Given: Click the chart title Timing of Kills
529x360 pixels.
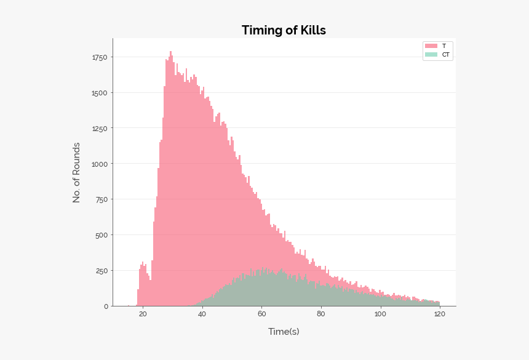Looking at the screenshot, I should click(x=284, y=30).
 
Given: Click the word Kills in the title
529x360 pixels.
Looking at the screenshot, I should click(x=311, y=30).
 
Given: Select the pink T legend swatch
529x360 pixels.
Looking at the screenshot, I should click(x=431, y=46).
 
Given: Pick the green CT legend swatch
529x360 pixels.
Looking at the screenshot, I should click(x=431, y=55).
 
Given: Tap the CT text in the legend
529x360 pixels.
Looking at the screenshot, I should click(x=445, y=55).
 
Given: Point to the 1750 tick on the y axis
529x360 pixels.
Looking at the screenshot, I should click(x=100, y=57).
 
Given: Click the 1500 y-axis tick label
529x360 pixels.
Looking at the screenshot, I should click(x=100, y=93).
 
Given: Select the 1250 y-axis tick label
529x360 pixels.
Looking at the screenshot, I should click(x=100, y=129).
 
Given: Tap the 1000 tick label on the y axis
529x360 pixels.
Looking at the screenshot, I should click(x=100, y=164).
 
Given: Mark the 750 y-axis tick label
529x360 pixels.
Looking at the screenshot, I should click(x=101, y=199).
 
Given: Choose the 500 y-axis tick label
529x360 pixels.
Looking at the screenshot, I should click(x=101, y=235).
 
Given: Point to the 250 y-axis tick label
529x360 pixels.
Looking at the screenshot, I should click(x=101, y=271).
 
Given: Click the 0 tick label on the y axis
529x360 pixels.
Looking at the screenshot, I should click(x=106, y=306).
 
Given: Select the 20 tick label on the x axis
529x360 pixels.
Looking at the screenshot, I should click(x=143, y=314).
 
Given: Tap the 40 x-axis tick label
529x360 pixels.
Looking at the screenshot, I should click(x=202, y=314).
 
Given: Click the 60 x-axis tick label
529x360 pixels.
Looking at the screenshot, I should click(x=261, y=314).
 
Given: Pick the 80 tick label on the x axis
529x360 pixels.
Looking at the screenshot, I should click(x=321, y=314).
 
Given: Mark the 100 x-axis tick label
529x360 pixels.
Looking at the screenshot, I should click(x=380, y=314).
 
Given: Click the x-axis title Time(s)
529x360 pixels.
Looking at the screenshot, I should click(x=284, y=332).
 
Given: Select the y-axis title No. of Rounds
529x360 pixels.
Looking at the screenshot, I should click(x=77, y=172).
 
